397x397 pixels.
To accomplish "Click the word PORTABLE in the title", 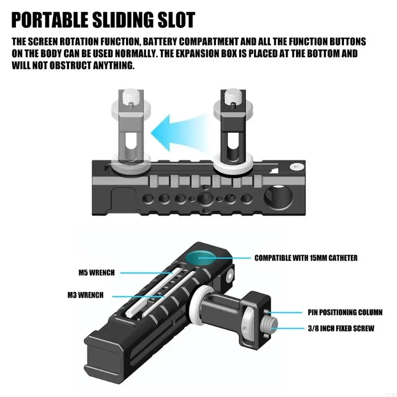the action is tap(50, 20).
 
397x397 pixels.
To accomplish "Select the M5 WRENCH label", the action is tap(96, 272).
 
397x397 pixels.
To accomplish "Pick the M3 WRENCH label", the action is tap(85, 295).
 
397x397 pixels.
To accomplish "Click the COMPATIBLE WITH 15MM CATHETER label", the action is tap(306, 258).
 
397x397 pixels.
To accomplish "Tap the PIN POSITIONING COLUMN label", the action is tap(345, 313).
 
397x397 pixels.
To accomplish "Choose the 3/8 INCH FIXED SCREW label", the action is tap(341, 329).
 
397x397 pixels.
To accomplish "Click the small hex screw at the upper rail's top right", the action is tap(296, 167).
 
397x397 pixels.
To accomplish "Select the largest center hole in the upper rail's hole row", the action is tap(205, 198).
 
